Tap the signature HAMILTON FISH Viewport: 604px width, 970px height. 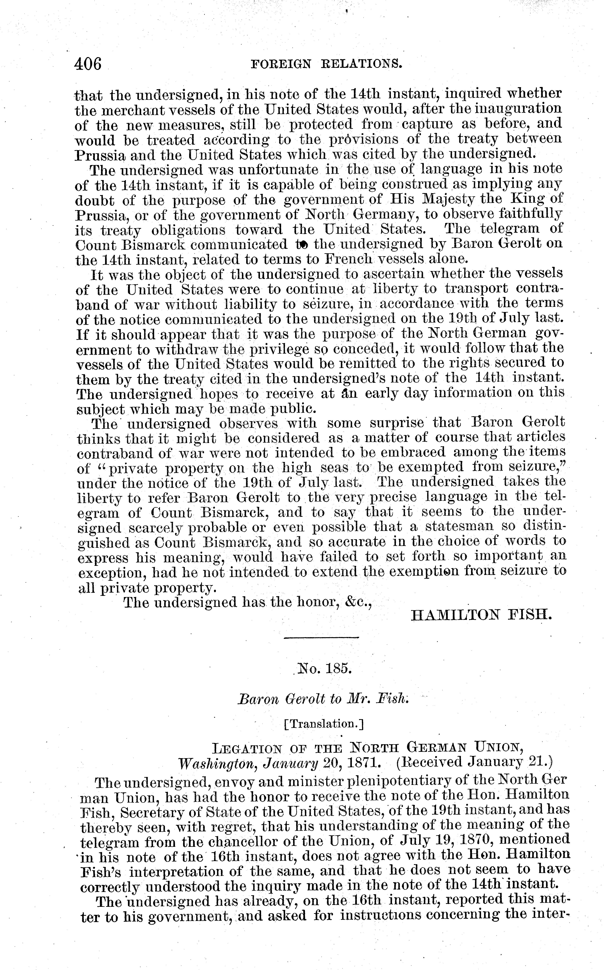[481, 615]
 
